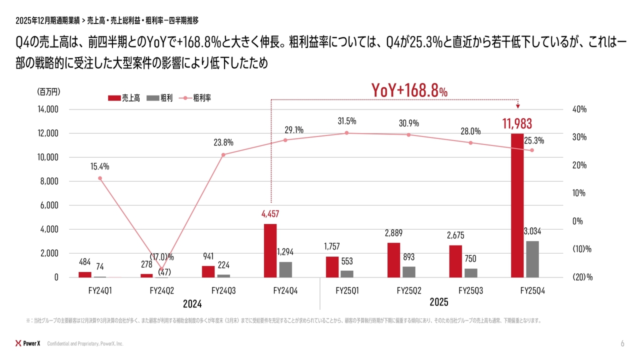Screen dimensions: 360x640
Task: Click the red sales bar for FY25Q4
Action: pos(517,205)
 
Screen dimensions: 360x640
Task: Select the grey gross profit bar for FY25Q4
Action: pos(532,259)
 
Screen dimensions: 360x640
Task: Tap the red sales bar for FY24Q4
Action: pos(270,250)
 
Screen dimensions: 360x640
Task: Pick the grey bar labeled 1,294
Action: pos(285,269)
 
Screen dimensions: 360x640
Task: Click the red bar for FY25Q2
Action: pos(393,259)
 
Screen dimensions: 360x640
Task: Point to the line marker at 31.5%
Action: pos(346,133)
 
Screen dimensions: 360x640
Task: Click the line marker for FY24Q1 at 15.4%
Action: pos(100,178)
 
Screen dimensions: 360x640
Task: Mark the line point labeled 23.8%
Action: pos(223,154)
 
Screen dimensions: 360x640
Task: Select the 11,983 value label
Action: pos(517,123)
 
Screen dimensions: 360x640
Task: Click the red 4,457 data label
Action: pos(270,214)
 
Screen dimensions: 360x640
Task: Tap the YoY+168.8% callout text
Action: pos(409,90)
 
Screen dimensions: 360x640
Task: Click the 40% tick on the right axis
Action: pos(579,109)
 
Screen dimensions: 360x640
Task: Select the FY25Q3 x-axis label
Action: pos(470,290)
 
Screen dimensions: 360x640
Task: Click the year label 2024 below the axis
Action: pos(192,303)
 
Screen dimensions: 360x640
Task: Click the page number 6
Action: pos(622,343)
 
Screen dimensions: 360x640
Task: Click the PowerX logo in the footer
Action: pos(28,343)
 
